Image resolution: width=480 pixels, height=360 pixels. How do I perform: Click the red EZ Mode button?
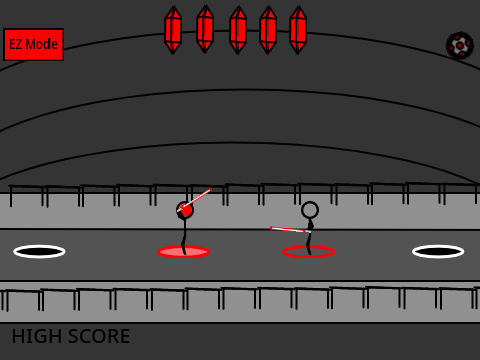point(33,44)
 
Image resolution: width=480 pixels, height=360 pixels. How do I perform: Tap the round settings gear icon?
point(460,45)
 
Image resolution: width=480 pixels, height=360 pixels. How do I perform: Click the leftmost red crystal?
point(173,30)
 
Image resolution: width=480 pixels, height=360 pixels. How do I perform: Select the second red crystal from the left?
point(205,29)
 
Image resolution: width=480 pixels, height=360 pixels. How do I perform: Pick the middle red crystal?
point(238,30)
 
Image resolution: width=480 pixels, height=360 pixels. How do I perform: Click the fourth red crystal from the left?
point(268,30)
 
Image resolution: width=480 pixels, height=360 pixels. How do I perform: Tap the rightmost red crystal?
point(298,30)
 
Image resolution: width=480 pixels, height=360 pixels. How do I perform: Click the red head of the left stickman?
point(185,210)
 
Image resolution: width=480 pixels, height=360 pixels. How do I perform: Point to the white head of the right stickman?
point(310,210)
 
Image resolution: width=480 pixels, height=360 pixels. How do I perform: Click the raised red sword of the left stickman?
point(195,200)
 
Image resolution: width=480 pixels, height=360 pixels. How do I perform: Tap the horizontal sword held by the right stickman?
point(290,230)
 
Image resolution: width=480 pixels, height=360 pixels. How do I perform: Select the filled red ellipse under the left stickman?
point(184,252)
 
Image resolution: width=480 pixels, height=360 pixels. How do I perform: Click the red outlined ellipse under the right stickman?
point(308,252)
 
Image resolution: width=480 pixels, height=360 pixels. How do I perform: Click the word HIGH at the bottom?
point(35,336)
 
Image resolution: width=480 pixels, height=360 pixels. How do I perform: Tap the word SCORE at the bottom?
point(96,336)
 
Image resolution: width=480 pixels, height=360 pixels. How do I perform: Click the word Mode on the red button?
point(41,44)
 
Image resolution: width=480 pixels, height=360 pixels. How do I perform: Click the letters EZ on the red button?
point(16,44)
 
